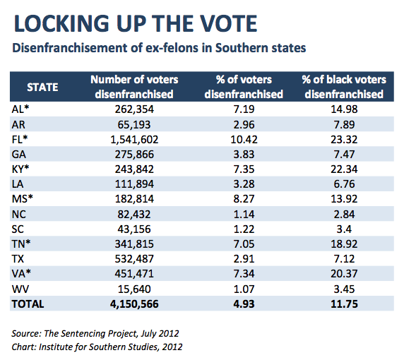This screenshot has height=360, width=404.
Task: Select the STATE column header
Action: tap(42, 88)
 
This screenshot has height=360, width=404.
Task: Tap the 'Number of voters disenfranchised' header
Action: tap(134, 87)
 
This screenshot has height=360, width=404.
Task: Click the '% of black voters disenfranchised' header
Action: tap(344, 87)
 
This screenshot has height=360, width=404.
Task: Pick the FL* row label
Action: tap(20, 139)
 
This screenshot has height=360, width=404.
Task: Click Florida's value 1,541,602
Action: tap(134, 140)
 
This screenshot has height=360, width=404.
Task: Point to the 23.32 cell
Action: tap(344, 140)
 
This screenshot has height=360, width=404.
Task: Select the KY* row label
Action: tap(20, 169)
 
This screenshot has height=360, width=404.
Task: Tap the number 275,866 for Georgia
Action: tap(134, 155)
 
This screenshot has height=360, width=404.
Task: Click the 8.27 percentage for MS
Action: tap(244, 199)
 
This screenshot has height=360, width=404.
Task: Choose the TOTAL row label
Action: tap(28, 304)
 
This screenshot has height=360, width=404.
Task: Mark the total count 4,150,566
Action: tap(134, 304)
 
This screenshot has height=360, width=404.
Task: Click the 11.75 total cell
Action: tap(344, 304)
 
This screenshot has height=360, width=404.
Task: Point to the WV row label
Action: tap(20, 289)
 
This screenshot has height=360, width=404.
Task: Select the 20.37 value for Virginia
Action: tap(344, 274)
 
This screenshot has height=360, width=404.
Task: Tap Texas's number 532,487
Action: tap(134, 259)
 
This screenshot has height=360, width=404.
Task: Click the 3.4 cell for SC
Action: tap(344, 229)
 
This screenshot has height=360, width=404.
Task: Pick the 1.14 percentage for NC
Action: tap(244, 215)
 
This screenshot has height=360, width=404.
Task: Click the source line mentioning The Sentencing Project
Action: tap(95, 334)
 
